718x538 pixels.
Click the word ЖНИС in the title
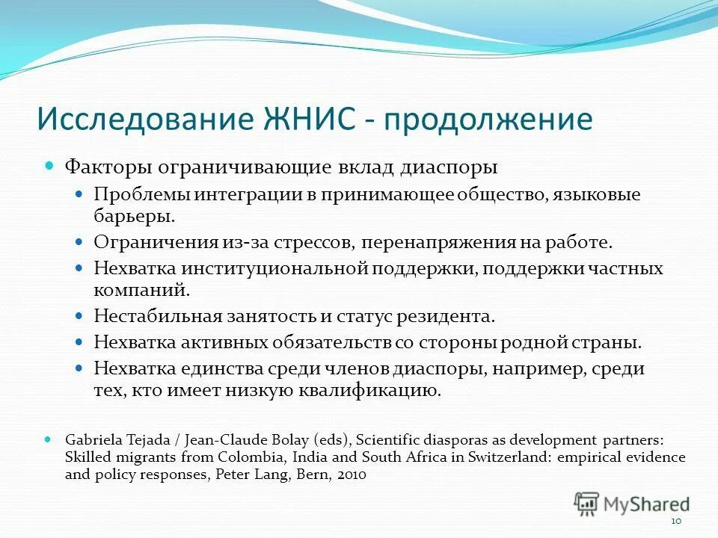click(313, 120)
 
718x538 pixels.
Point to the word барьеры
click(135, 217)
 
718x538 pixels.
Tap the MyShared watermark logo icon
click(587, 504)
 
